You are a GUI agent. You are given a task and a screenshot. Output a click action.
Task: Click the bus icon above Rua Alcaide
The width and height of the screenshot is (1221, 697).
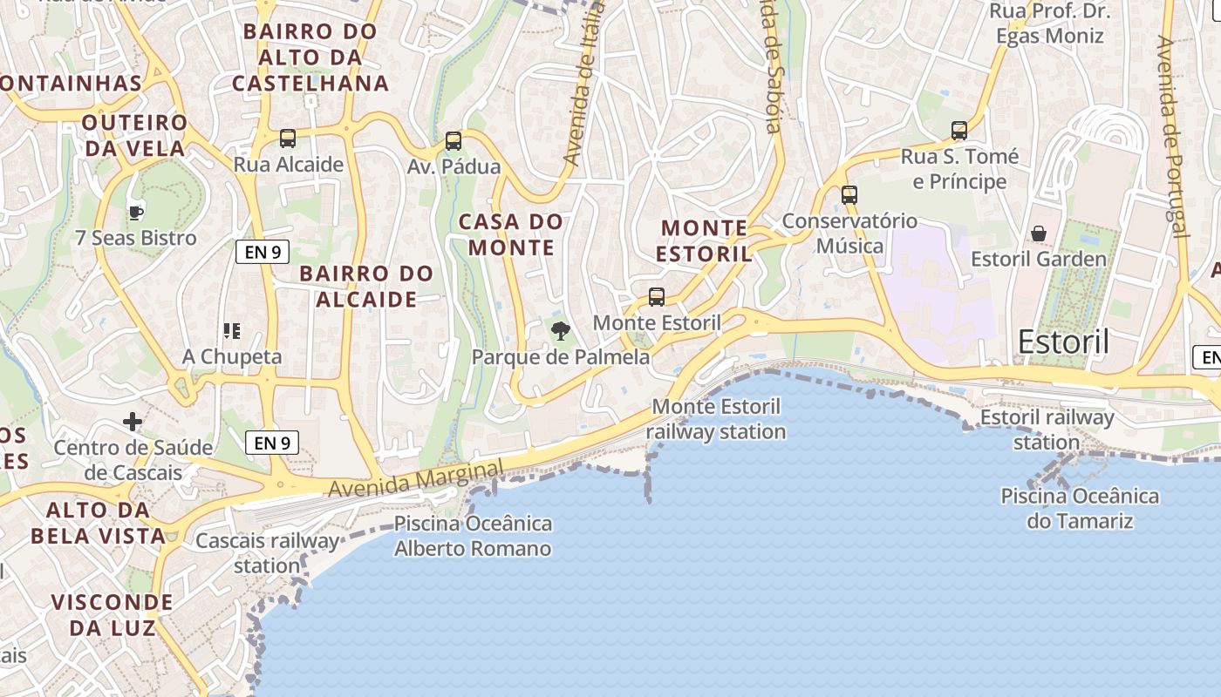click(x=288, y=138)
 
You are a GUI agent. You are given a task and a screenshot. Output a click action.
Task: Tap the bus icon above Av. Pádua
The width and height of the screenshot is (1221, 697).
click(x=454, y=140)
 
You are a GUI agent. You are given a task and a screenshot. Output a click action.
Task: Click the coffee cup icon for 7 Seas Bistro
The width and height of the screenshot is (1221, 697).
click(x=135, y=212)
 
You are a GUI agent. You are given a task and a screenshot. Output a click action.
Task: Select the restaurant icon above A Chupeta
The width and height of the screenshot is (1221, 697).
click(x=231, y=330)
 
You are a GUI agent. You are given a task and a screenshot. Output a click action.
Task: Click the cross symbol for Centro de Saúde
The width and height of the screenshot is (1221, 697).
click(x=133, y=423)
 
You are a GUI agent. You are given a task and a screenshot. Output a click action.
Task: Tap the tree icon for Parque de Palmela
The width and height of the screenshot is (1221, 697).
click(x=561, y=330)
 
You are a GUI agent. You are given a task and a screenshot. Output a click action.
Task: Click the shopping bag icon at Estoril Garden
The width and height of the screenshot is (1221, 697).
click(x=1039, y=233)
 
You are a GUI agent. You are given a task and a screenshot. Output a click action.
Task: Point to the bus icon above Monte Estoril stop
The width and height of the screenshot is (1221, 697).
click(x=657, y=296)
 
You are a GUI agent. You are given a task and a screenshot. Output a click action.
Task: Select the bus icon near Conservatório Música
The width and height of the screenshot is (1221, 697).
click(x=849, y=194)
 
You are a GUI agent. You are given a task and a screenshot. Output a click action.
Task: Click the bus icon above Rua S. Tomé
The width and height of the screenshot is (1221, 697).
click(x=959, y=131)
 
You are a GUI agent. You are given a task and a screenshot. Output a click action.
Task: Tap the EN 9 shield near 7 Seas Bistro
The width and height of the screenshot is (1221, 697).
click(x=263, y=253)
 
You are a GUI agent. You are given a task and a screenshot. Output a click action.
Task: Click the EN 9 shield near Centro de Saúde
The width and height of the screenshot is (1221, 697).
click(x=273, y=443)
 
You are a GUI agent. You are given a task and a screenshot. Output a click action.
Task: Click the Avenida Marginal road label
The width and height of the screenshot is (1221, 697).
click(x=416, y=480)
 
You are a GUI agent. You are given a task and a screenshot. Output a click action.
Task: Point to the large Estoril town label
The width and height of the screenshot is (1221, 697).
click(x=1063, y=342)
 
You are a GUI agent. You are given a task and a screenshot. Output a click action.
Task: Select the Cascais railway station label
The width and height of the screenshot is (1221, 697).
click(x=267, y=553)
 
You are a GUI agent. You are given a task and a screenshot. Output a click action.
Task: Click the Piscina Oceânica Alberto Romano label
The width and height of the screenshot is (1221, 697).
click(x=473, y=536)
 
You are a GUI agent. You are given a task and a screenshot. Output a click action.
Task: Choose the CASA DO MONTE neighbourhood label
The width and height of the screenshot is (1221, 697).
click(x=511, y=234)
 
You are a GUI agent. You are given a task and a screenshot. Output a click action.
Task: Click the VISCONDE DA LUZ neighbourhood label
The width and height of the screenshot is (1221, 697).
click(x=112, y=614)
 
